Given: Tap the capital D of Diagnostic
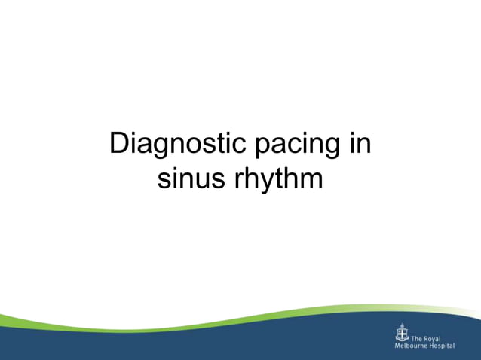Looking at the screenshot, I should coord(119,143).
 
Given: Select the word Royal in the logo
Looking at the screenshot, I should coord(432,340).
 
